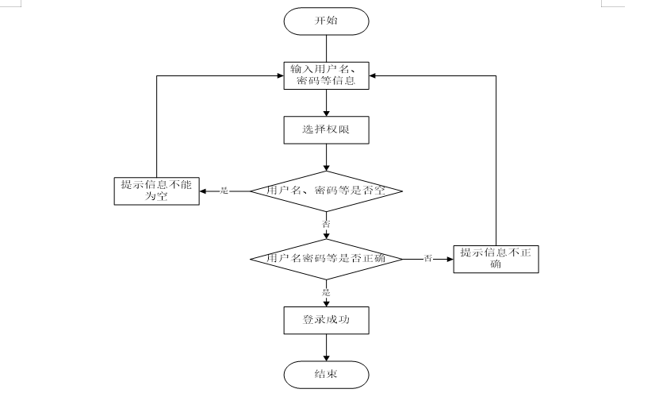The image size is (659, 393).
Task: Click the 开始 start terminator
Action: tap(326, 21)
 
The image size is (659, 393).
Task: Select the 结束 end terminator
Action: tap(326, 374)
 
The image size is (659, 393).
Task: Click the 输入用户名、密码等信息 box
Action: tap(326, 75)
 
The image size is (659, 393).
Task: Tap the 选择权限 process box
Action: tap(326, 130)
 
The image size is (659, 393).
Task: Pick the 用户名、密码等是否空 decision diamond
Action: tap(326, 191)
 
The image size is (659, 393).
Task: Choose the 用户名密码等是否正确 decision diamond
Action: tap(326, 259)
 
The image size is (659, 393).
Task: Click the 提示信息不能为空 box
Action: tap(155, 191)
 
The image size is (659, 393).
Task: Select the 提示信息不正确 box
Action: tap(496, 259)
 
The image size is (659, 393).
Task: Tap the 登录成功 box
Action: tap(326, 321)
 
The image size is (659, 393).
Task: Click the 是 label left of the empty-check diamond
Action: tap(224, 191)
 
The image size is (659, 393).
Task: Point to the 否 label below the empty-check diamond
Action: tap(326, 225)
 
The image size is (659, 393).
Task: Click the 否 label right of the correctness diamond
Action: tap(428, 259)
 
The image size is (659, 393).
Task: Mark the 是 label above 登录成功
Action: tap(326, 292)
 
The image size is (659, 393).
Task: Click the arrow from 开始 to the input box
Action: tap(326, 48)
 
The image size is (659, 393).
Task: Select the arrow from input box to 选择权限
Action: tap(326, 103)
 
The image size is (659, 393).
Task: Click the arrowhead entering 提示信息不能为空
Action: tap(203, 191)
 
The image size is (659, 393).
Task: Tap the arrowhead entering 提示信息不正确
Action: tap(449, 259)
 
